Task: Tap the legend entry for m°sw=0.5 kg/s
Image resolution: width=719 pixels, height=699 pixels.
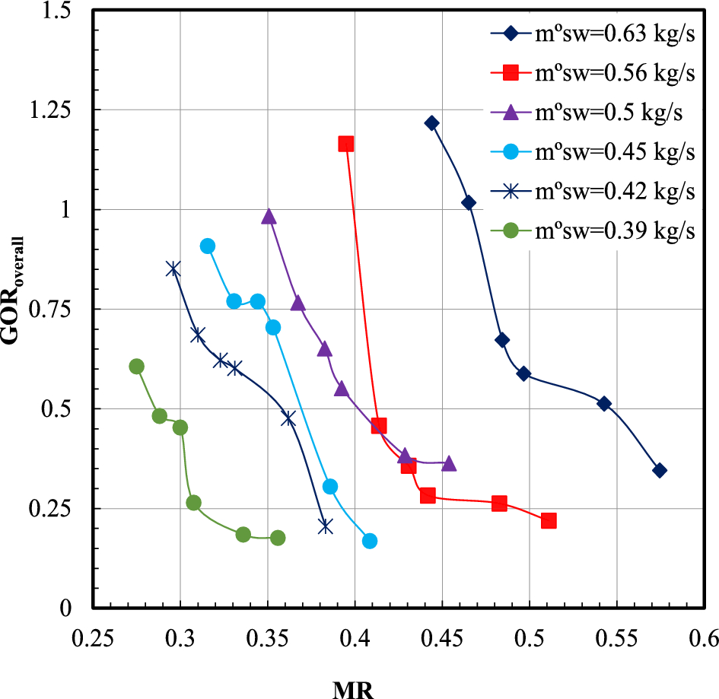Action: point(592,113)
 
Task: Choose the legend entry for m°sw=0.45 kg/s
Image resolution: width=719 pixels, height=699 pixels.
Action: point(592,152)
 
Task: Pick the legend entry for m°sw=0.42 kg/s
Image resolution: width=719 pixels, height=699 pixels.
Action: point(592,192)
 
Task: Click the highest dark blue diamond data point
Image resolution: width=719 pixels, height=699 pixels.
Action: point(432,123)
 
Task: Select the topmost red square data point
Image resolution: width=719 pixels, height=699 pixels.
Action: point(346,144)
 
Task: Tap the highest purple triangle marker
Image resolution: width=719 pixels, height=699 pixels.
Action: point(269,217)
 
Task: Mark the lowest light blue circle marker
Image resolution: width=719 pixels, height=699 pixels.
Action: point(370,541)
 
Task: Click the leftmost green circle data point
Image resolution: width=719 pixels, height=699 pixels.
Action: point(136,367)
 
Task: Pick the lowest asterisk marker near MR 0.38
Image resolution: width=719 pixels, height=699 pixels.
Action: point(326,526)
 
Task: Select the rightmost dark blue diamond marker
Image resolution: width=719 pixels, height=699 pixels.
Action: point(660,470)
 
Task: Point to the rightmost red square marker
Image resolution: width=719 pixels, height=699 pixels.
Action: point(549,520)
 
